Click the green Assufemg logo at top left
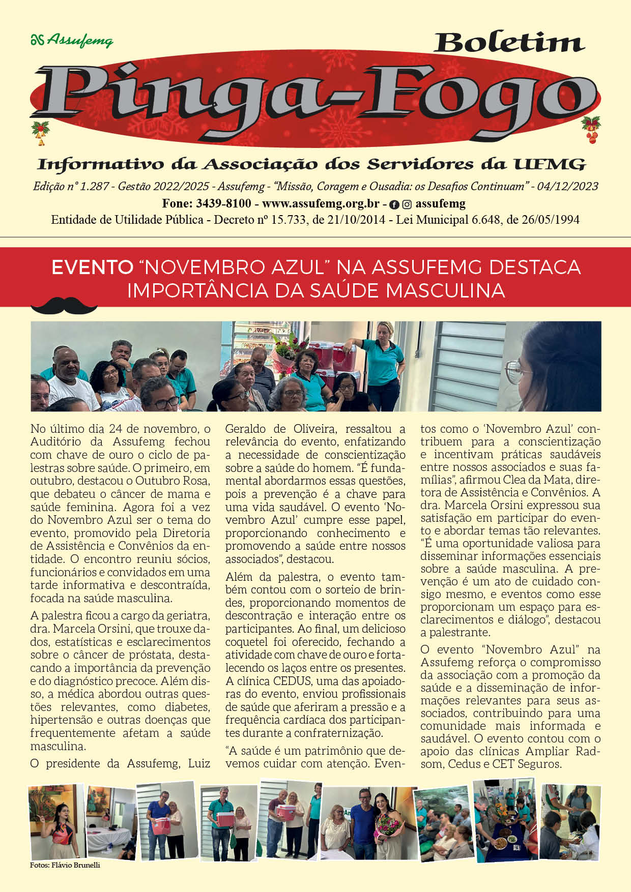(x=72, y=40)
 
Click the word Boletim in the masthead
(x=508, y=43)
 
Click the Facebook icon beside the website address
(x=394, y=204)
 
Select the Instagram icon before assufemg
(x=407, y=204)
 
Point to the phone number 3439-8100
(x=223, y=204)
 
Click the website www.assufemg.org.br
(x=321, y=204)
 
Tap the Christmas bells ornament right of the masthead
(x=591, y=130)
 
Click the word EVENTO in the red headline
(x=92, y=267)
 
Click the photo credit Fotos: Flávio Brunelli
(x=65, y=865)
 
